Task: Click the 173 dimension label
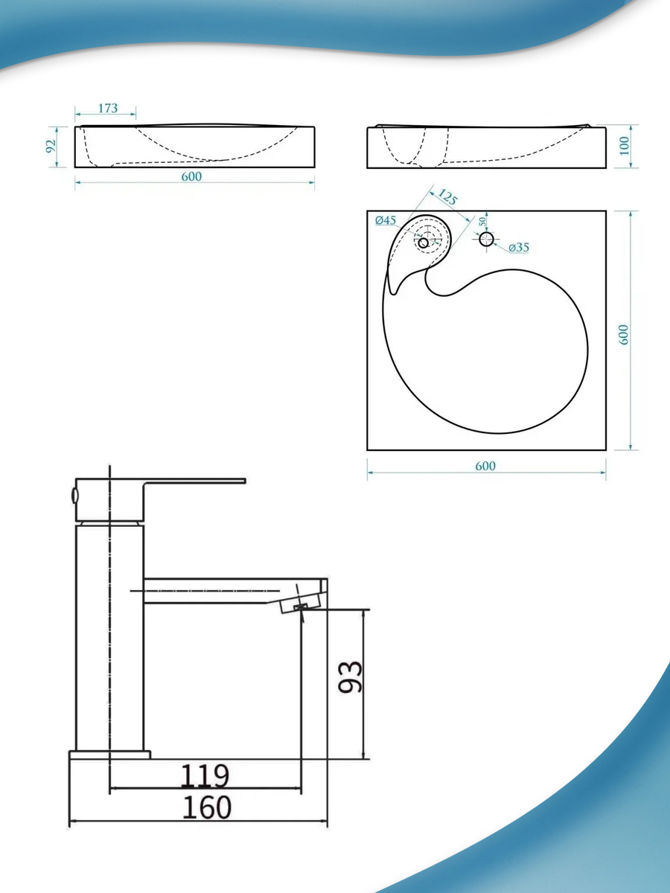click(x=108, y=108)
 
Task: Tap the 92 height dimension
click(x=51, y=146)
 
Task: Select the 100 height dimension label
click(x=624, y=146)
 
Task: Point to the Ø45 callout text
click(x=386, y=220)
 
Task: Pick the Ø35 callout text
click(x=519, y=247)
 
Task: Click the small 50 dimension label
click(x=482, y=221)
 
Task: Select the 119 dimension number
click(x=205, y=776)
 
